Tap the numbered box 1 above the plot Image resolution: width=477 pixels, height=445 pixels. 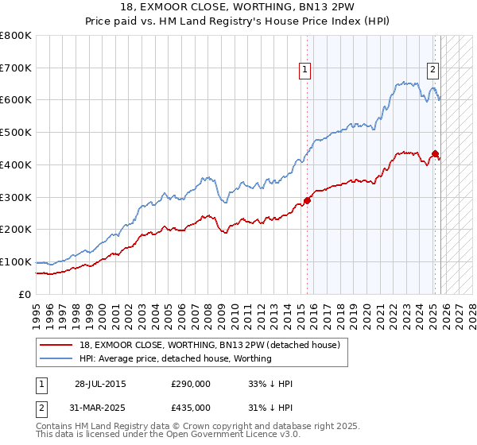pyautogui.click(x=305, y=70)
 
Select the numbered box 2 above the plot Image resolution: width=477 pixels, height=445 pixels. pyautogui.click(x=433, y=70)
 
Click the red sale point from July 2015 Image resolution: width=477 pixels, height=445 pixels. pyautogui.click(x=308, y=200)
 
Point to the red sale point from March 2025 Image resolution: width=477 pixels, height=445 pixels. pyautogui.click(x=435, y=153)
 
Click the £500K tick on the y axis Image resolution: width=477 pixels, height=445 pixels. pyautogui.click(x=16, y=133)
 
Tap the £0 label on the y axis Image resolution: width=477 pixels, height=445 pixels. pyautogui.click(x=25, y=295)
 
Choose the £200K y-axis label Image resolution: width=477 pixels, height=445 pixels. pyautogui.click(x=16, y=230)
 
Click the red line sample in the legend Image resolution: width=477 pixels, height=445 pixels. pyautogui.click(x=56, y=345)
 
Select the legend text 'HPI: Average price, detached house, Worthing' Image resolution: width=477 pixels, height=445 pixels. pyautogui.click(x=176, y=358)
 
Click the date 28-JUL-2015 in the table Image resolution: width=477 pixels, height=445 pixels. pyautogui.click(x=99, y=384)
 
